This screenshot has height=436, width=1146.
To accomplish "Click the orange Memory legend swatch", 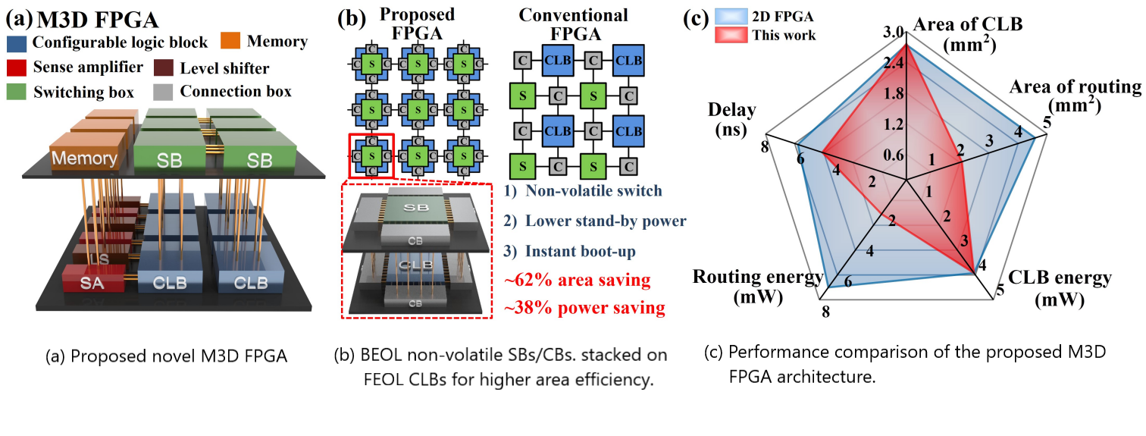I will click(x=234, y=42).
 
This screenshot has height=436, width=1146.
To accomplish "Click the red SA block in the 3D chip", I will click(x=87, y=283).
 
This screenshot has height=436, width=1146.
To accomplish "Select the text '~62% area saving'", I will click(x=578, y=281).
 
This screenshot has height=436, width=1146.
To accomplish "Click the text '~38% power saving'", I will click(x=584, y=309).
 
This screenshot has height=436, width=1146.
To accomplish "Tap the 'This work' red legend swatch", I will click(x=728, y=35).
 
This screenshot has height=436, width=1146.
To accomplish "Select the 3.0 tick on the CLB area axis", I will click(x=893, y=33).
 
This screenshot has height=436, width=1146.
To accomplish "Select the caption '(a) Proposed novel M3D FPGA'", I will click(x=167, y=355).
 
